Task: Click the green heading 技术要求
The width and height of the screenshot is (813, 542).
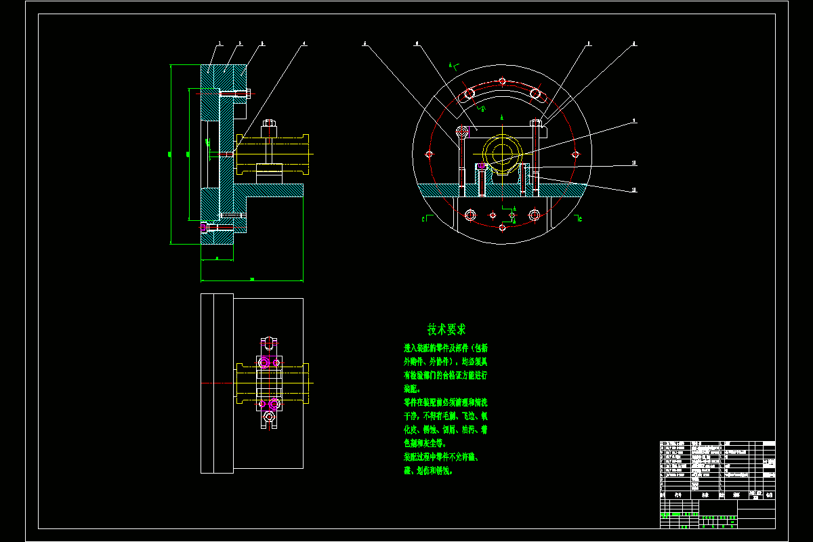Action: click(446, 330)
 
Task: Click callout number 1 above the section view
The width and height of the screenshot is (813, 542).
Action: click(220, 44)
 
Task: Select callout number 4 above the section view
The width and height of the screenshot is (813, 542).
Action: click(304, 44)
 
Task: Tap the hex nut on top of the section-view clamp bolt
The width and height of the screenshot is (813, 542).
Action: click(268, 125)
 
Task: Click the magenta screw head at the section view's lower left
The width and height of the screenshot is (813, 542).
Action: click(203, 228)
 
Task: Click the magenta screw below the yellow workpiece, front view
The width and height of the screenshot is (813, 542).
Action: click(482, 166)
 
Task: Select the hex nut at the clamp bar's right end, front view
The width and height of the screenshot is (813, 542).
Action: click(537, 123)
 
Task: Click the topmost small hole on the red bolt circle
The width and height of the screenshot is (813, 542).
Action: click(502, 81)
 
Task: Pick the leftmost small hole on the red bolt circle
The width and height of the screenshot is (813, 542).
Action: click(429, 154)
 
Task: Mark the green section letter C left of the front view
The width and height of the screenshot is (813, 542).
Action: click(423, 219)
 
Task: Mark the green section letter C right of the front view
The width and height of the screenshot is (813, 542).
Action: click(580, 219)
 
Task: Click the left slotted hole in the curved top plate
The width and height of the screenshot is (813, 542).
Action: click(469, 93)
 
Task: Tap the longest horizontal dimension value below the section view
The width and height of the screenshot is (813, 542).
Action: click(252, 278)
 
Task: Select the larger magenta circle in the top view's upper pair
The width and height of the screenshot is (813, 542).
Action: click(265, 363)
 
